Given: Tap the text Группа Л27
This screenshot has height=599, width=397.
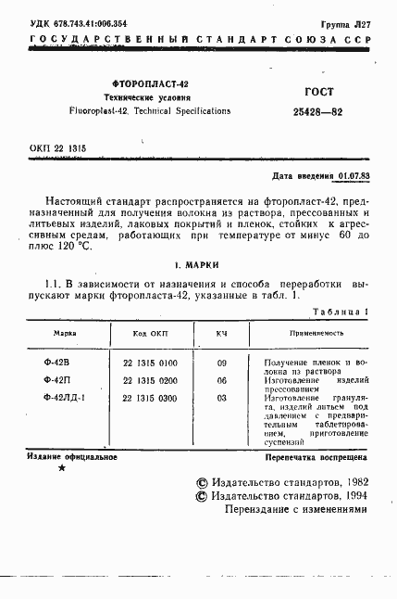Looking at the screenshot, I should coord(346,23).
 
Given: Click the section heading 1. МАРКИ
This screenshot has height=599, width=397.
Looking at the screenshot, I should coord(198,263).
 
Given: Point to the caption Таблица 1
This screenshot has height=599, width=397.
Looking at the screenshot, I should coord(343,312).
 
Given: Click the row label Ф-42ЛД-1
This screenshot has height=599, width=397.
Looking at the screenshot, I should coord(65,398).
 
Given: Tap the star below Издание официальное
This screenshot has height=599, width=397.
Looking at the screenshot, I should coord(62,468).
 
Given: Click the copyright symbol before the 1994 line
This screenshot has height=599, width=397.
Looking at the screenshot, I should coord(203,496).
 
